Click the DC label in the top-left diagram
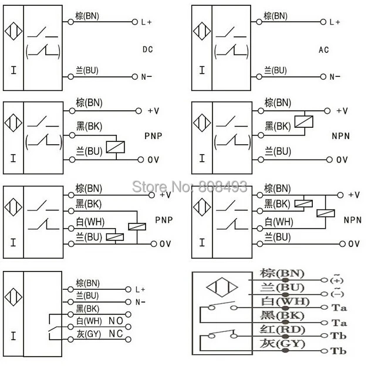click(x=148, y=50)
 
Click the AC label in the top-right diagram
click(x=324, y=50)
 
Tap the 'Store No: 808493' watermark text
click(x=190, y=186)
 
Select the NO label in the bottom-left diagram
click(x=116, y=321)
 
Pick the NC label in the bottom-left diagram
click(x=116, y=334)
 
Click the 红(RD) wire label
click(x=282, y=330)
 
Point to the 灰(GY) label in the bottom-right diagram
click(x=282, y=344)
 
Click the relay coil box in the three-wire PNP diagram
click(x=116, y=147)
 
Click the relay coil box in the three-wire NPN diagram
click(x=304, y=121)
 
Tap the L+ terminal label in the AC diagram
click(x=335, y=22)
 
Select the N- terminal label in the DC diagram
click(x=147, y=77)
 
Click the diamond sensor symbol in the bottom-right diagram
click(x=222, y=287)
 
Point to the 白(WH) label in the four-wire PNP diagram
click(x=90, y=222)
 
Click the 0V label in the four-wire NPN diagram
click(x=354, y=244)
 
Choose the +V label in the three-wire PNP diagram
click(x=153, y=111)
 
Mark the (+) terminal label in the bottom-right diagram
click(x=337, y=280)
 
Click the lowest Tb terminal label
click(x=338, y=351)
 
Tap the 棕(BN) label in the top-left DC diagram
click(x=87, y=16)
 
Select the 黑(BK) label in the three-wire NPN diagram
click(x=278, y=126)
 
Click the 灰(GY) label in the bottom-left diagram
click(x=89, y=334)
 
